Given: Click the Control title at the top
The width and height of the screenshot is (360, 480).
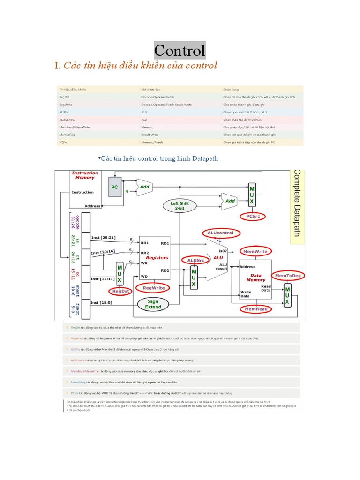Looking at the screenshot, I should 180,51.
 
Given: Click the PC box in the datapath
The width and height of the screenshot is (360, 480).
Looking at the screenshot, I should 115,186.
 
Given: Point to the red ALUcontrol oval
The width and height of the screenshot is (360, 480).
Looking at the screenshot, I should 220,233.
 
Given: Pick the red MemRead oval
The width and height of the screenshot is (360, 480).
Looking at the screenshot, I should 256,309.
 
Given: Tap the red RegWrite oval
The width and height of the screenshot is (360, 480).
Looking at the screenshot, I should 153,288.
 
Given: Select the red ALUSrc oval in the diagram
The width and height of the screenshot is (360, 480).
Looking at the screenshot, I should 196,260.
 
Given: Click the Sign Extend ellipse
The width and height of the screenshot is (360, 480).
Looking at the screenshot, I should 153,304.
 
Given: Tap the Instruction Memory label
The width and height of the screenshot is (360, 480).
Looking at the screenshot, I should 85,175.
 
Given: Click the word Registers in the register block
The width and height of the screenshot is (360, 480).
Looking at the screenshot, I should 157,258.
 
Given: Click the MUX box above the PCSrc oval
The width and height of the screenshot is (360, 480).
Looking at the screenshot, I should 252,194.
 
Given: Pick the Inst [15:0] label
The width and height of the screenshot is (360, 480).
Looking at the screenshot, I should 102,302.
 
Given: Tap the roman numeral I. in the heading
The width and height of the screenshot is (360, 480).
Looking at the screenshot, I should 57,66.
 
